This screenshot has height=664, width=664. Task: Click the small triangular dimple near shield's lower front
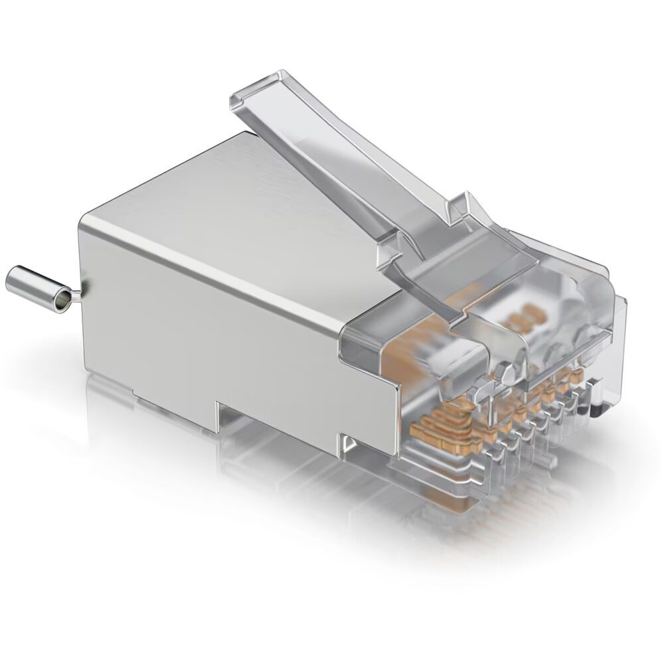click(x=346, y=441)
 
